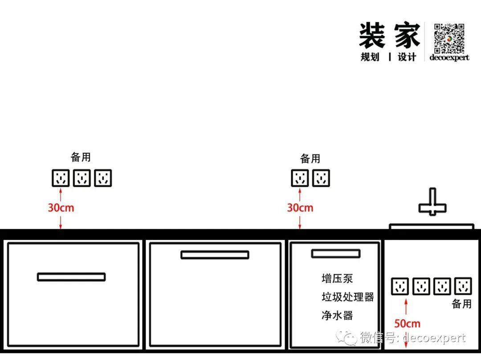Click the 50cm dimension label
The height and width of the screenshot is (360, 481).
tap(407, 324)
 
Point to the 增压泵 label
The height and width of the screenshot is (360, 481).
tap(337, 279)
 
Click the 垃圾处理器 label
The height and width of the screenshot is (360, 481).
tap(347, 297)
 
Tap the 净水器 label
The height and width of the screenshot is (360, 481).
tap(337, 316)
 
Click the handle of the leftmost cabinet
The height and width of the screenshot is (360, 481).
tap(71, 277)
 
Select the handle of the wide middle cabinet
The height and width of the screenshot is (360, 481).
tap(215, 255)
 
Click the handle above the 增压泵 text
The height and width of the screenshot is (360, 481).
tap(335, 254)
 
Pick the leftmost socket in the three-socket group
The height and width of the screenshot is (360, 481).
tap(61, 178)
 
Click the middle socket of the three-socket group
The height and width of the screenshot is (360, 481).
tap(82, 178)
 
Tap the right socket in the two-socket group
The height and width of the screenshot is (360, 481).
tap(321, 178)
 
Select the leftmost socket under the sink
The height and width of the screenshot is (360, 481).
tap(400, 286)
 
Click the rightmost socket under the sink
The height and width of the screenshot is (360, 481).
tap(463, 286)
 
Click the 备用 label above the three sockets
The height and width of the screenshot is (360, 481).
tap(81, 157)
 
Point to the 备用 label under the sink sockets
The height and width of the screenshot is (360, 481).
tap(461, 304)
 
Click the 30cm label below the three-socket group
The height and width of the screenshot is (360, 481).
tap(61, 208)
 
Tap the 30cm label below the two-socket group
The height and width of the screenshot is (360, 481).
tap(300, 208)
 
